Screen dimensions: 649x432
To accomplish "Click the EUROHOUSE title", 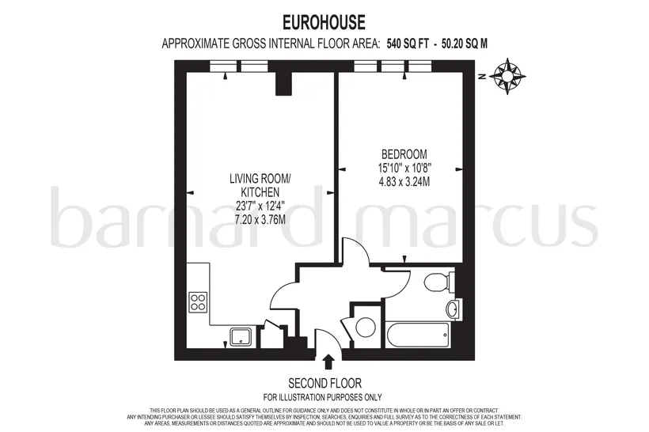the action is [324, 22].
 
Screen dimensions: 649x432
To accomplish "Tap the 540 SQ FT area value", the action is [408, 44].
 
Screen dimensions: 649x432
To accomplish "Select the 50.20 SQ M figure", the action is [465, 44].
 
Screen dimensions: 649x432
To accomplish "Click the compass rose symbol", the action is [507, 77].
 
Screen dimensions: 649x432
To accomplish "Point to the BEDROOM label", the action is [404, 154].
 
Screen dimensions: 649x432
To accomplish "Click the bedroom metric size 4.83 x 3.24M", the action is [404, 181].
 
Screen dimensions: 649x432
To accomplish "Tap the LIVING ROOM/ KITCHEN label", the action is [260, 185].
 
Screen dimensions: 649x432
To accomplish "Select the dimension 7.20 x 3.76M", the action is [260, 219].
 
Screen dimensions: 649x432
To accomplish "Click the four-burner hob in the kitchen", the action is [198, 302].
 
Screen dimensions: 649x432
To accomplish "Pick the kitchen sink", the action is [242, 336].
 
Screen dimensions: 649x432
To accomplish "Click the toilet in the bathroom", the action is [438, 282].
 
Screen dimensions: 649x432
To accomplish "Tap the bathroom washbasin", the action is [454, 309].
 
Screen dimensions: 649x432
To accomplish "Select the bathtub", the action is [417, 333].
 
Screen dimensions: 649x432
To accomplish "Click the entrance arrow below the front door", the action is [328, 362].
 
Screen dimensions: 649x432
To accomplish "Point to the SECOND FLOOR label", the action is [324, 383].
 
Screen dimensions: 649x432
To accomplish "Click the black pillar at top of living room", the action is [284, 84].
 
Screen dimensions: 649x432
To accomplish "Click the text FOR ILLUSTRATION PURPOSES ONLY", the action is [322, 397].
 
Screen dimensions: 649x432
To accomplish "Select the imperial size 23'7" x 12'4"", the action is [260, 206].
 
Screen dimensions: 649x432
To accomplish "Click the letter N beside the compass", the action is [481, 77].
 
